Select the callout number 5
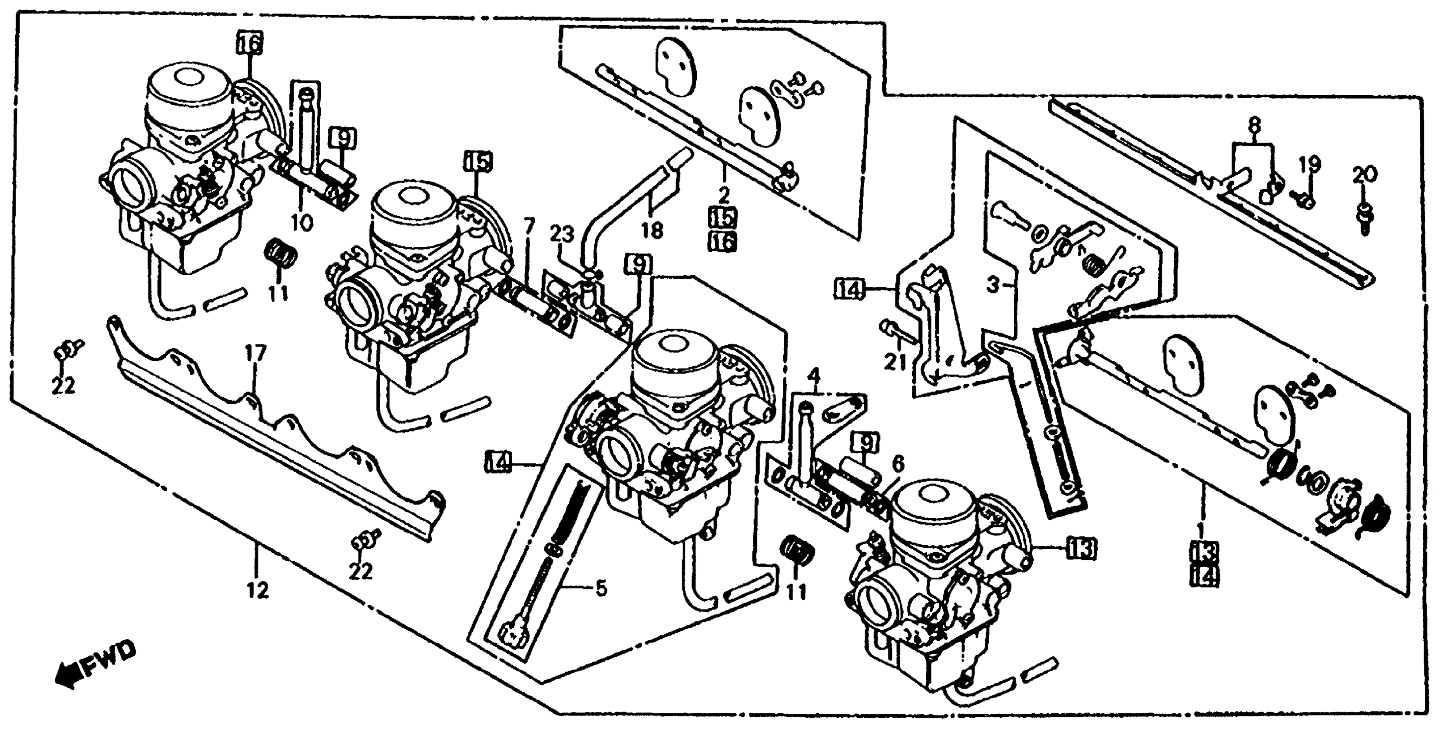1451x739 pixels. pyautogui.click(x=601, y=589)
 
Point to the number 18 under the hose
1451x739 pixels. pyautogui.click(x=652, y=230)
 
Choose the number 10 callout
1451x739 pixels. pyautogui.click(x=302, y=223)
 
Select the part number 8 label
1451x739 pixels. pyautogui.click(x=1253, y=123)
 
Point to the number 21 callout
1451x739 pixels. pyautogui.click(x=894, y=361)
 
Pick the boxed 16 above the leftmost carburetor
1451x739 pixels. pyautogui.click(x=248, y=43)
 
